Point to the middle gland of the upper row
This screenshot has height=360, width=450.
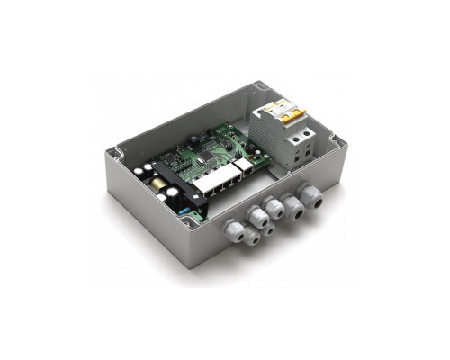coord(274,209)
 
